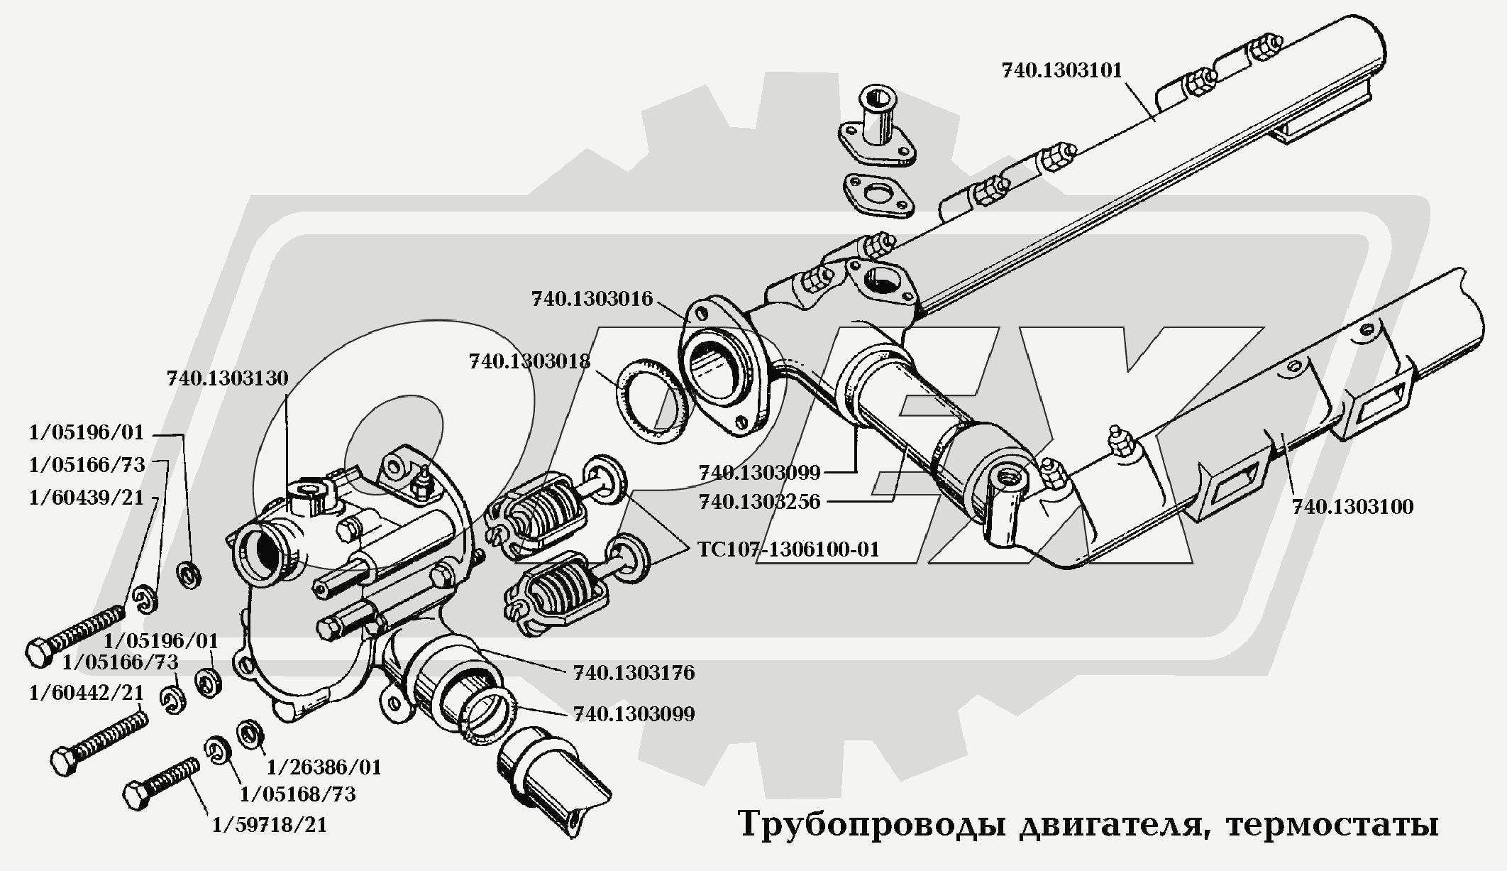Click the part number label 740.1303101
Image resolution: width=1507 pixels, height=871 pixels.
tap(1061, 71)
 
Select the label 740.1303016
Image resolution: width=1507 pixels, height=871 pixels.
tap(592, 299)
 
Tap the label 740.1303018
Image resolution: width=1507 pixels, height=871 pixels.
tap(529, 361)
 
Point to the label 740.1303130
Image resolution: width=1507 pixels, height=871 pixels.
tap(228, 378)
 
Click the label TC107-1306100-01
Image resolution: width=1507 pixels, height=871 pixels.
tap(788, 549)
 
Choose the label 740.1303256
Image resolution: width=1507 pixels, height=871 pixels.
tap(759, 502)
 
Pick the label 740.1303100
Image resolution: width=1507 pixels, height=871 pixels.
tap(1352, 507)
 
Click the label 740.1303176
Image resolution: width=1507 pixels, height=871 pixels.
tap(634, 672)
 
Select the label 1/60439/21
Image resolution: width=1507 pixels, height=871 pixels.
tap(86, 498)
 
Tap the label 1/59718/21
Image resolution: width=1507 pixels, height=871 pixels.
tap(270, 825)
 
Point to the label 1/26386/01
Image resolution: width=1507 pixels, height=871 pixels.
tap(324, 767)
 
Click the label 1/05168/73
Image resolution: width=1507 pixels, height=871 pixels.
tap(298, 794)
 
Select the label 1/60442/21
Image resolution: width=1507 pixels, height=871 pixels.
tap(86, 692)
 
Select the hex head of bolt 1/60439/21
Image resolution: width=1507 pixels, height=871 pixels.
tap(38, 652)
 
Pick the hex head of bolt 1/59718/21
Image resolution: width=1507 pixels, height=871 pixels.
tap(136, 795)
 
